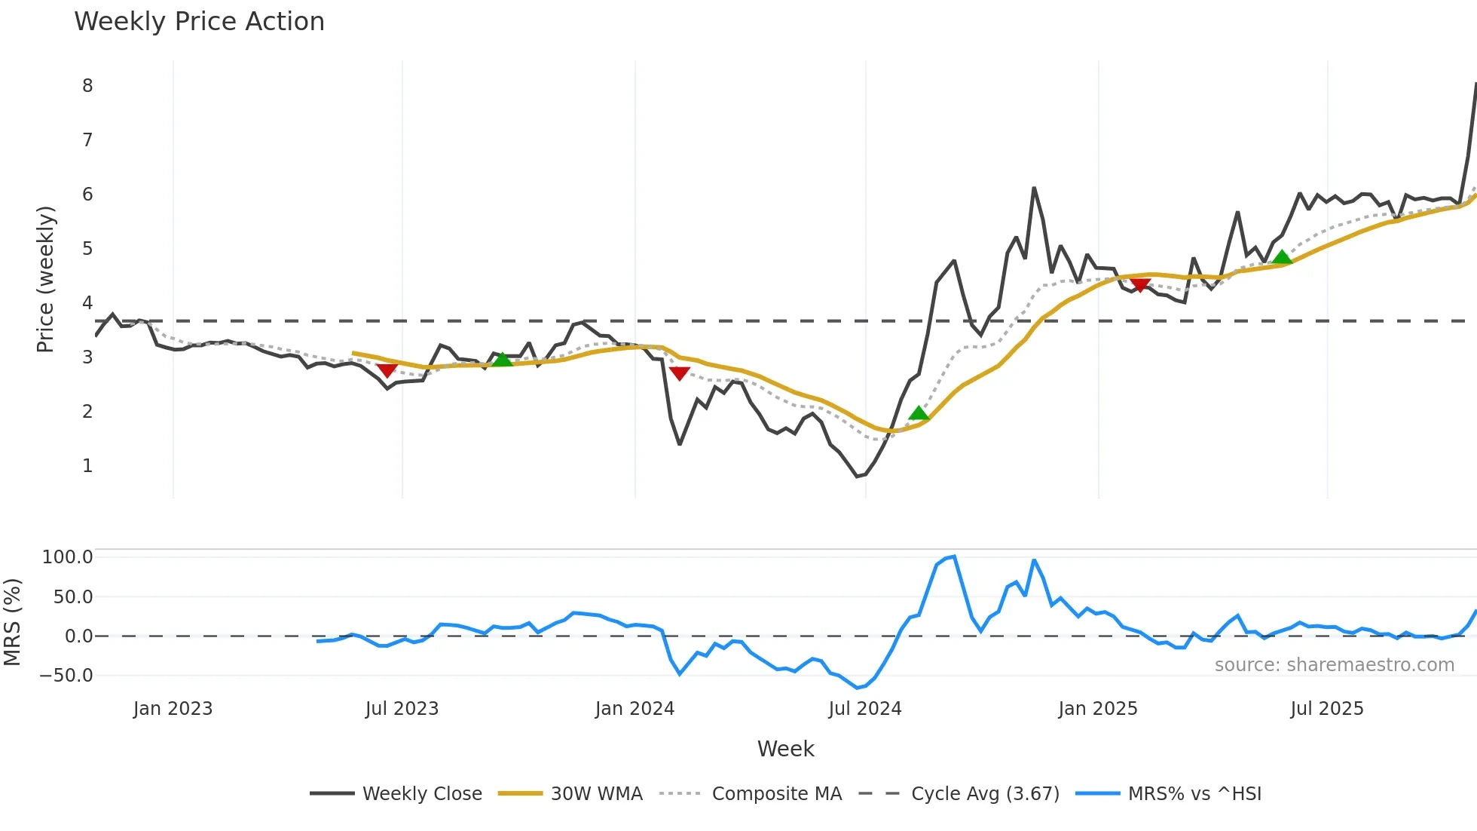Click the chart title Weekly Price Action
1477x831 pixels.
(x=199, y=22)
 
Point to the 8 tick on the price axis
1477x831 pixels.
(x=87, y=86)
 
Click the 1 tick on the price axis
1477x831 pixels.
(x=87, y=466)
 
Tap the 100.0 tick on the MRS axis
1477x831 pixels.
(x=68, y=557)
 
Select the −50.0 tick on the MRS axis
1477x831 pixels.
(x=66, y=676)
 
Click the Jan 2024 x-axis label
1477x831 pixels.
(x=635, y=709)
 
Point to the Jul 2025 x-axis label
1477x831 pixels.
(x=1327, y=709)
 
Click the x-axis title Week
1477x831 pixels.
(x=785, y=749)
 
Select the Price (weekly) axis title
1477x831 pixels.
(x=45, y=279)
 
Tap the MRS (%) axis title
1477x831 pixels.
(x=12, y=622)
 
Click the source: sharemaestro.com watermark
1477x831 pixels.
(x=1334, y=665)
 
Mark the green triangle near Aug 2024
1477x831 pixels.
(x=919, y=413)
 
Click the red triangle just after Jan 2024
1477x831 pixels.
(x=679, y=373)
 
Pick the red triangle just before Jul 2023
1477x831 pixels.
(x=387, y=370)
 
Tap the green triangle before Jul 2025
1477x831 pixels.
(x=1282, y=258)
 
